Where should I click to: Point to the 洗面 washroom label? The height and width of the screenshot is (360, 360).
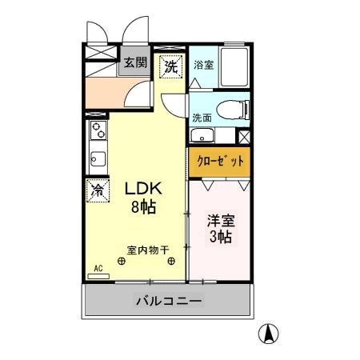click(202, 118)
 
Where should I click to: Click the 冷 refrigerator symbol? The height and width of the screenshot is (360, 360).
click(98, 190)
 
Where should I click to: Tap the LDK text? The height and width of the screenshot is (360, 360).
click(143, 189)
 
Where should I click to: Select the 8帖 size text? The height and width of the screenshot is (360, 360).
click(143, 206)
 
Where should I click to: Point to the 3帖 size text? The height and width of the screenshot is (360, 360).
click(220, 238)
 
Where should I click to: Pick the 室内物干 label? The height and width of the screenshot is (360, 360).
click(146, 250)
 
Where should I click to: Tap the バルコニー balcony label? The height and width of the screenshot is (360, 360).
click(168, 302)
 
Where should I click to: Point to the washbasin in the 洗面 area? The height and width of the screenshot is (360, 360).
click(202, 135)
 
